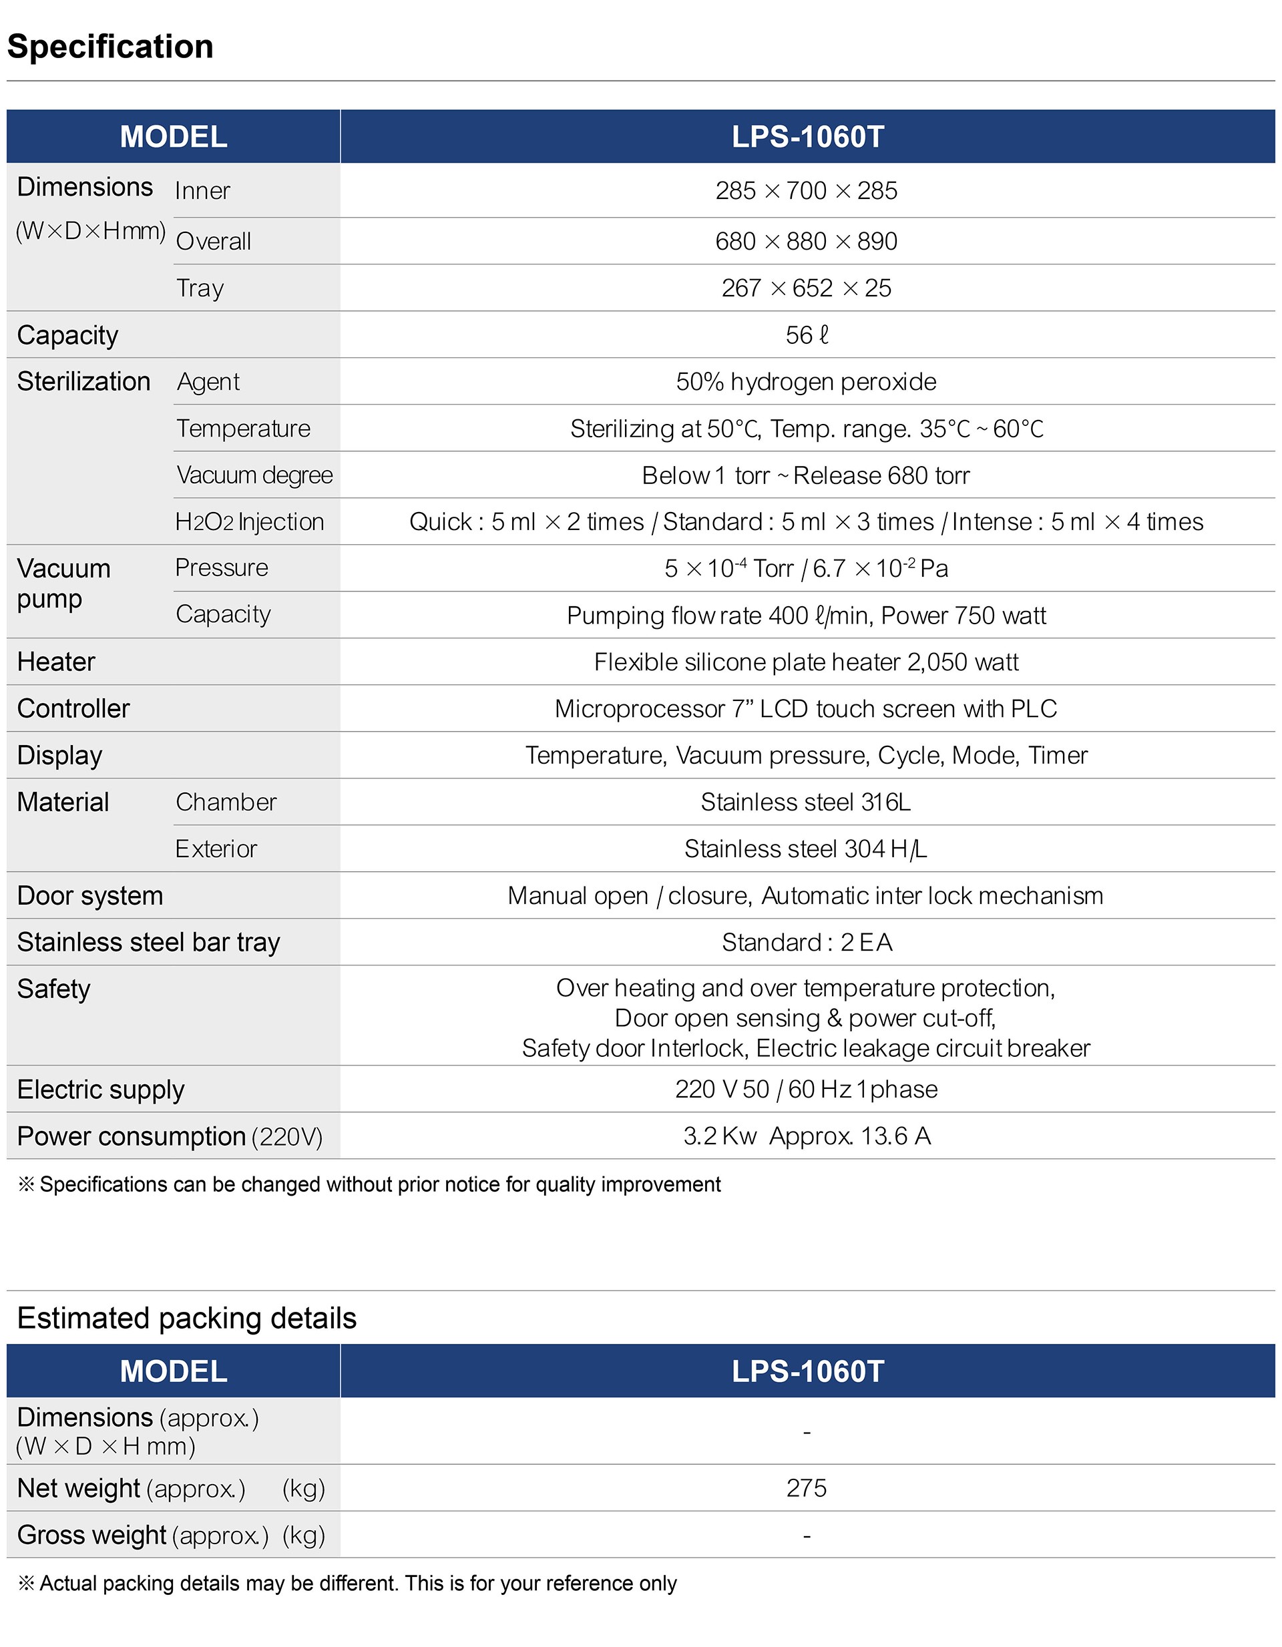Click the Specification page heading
click(x=110, y=47)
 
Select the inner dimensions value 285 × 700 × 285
click(x=806, y=191)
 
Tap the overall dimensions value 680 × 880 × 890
click(x=806, y=241)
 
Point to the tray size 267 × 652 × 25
click(x=806, y=288)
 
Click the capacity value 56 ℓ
click(x=806, y=335)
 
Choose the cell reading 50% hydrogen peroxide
click(x=806, y=382)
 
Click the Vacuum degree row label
click(x=254, y=475)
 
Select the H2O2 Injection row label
click(x=249, y=522)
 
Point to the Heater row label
click(x=57, y=662)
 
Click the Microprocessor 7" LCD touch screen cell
click(x=806, y=709)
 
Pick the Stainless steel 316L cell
click(x=806, y=802)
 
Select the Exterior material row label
click(x=216, y=849)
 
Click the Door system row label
click(x=89, y=896)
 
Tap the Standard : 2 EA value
click(x=806, y=943)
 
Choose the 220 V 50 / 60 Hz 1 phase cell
click(x=806, y=1090)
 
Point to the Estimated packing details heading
click(x=187, y=1319)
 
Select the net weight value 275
click(x=806, y=1488)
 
